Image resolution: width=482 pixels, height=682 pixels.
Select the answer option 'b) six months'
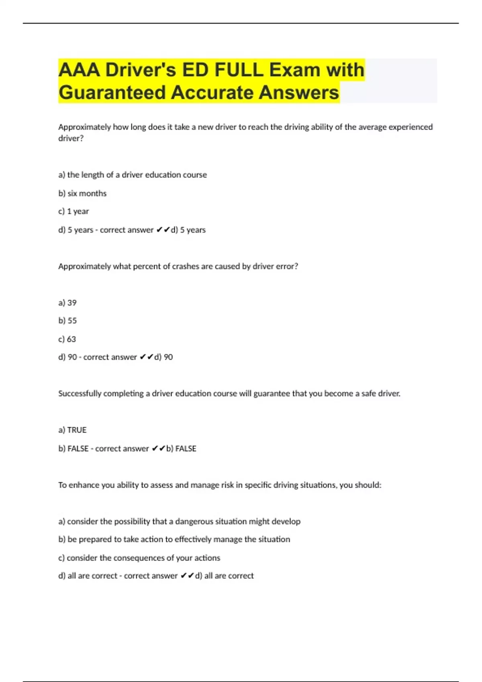(x=82, y=193)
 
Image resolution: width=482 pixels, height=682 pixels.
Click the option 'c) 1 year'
(x=74, y=211)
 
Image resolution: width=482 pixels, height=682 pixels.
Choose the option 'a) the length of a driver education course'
(x=133, y=175)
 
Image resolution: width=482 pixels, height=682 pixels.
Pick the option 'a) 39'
(x=67, y=303)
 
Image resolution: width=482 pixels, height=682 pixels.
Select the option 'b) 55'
(x=67, y=321)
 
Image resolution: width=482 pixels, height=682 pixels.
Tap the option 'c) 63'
(x=67, y=339)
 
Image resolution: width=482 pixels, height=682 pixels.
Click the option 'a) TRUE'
(x=72, y=430)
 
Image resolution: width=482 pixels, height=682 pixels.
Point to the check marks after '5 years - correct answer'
(x=163, y=230)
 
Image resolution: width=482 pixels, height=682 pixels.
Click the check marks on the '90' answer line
(x=146, y=357)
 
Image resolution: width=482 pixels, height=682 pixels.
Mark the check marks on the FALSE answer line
(x=158, y=449)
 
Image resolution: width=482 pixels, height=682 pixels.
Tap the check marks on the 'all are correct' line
(x=187, y=576)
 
